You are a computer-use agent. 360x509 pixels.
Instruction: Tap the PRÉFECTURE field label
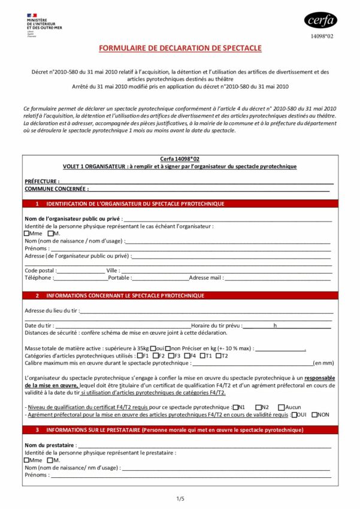[x=41, y=181]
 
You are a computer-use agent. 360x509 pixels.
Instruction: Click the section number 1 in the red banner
[x=37, y=204]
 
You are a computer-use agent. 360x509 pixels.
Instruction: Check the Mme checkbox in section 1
[x=27, y=234]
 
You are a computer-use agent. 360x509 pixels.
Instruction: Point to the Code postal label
[x=39, y=271]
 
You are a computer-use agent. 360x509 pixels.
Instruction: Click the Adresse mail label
[x=206, y=278]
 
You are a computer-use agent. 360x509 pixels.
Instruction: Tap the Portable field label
[x=120, y=278]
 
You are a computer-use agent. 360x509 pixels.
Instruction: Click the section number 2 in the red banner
[x=37, y=296]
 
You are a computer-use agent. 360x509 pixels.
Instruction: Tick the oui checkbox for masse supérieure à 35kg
[x=153, y=349]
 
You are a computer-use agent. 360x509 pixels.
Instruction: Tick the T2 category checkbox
[x=217, y=356]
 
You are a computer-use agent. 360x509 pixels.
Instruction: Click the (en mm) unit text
[x=323, y=363]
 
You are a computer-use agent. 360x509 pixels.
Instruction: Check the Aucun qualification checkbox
[x=281, y=407]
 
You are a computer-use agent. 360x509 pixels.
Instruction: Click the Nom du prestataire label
[x=50, y=446]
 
